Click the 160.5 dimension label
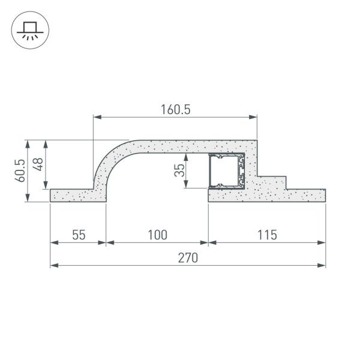click(175, 109)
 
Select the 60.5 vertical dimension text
click(20, 170)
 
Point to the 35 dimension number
click(179, 170)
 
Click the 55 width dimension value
click(79, 235)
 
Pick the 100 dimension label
click(157, 235)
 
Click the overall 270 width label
click(187, 257)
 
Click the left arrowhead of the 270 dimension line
click(53, 265)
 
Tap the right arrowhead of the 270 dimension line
click(322, 265)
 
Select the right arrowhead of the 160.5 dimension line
click(254, 117)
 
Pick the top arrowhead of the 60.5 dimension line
click(27, 143)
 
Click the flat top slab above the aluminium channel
click(198, 146)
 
